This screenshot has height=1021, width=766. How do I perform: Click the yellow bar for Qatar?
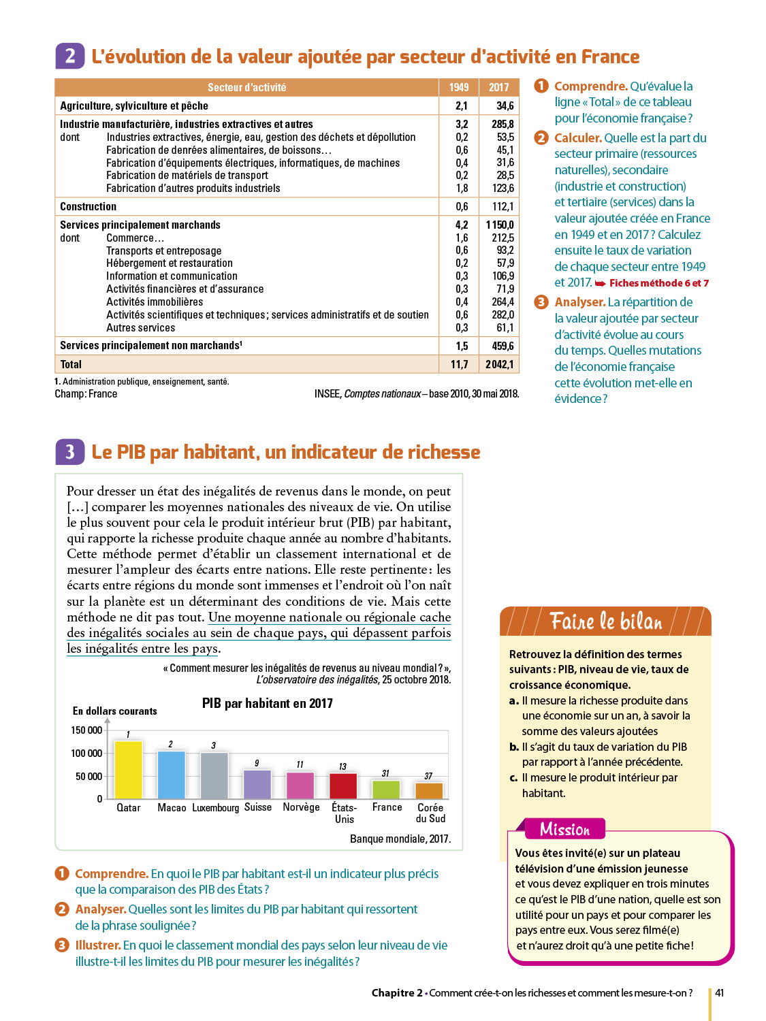129,770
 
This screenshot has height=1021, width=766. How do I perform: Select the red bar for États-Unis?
343,786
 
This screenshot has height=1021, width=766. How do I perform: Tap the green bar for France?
386,790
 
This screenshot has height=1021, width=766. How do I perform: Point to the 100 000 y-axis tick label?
86,753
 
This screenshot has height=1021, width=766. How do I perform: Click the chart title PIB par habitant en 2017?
267,704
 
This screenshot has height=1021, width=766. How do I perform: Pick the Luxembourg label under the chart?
215,808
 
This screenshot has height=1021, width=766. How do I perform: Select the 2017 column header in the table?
498,88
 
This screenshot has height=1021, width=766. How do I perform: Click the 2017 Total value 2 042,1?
499,365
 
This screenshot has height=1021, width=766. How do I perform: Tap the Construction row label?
88,207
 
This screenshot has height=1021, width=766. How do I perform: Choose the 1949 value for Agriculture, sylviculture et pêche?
462,106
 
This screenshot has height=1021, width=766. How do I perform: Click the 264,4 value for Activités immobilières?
502,302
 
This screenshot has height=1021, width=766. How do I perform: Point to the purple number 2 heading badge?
69,56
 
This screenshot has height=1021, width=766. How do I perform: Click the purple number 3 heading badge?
69,452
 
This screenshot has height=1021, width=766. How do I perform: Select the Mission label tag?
564,829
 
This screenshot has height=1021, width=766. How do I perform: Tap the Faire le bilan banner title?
605,621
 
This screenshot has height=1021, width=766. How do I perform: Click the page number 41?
719,993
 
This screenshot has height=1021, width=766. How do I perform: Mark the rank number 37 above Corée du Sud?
428,776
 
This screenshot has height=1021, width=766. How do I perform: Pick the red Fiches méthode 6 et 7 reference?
658,283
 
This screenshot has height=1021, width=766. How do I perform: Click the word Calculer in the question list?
577,138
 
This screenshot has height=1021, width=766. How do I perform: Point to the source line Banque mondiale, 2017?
400,839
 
